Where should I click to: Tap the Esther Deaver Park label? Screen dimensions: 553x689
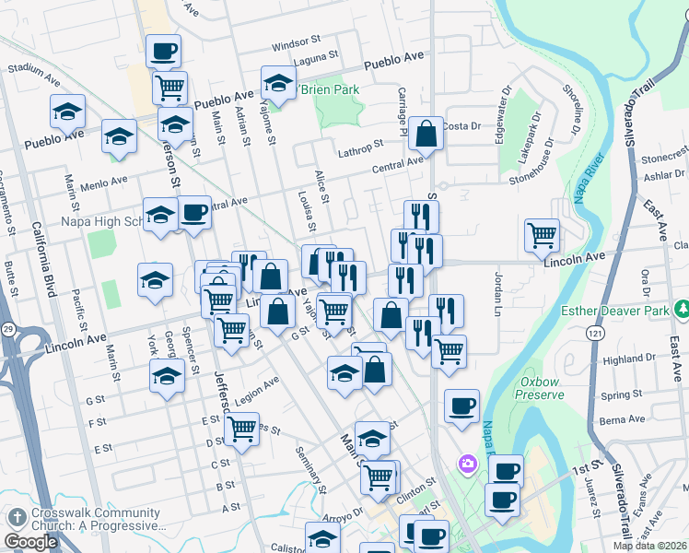pos(614,312)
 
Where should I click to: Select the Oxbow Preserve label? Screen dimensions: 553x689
pos(541,388)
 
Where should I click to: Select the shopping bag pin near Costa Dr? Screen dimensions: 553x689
pos(426,135)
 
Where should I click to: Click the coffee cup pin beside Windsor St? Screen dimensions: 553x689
pos(164,52)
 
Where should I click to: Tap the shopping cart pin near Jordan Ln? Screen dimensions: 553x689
pos(542,235)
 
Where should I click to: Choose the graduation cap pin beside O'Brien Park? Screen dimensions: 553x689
pos(277,82)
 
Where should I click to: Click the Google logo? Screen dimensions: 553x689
pos(30,542)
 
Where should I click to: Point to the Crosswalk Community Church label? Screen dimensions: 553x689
pos(84,520)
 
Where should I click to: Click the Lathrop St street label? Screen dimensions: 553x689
pos(359,147)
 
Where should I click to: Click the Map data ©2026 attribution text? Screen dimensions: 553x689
pos(649,546)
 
